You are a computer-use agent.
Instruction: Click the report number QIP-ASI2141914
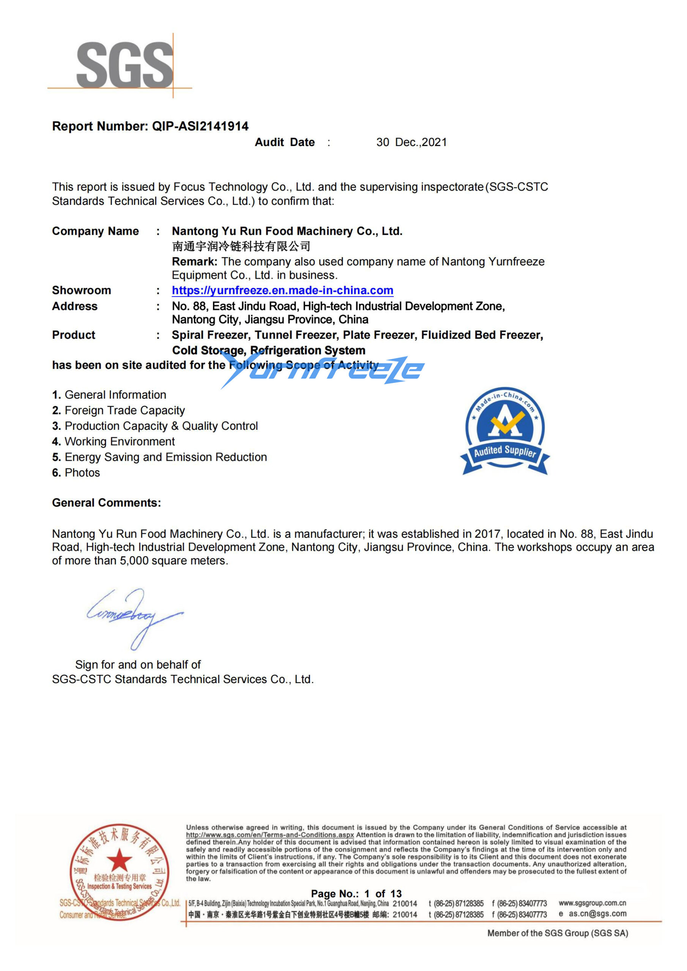200,126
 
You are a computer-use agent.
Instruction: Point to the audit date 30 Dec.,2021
411,142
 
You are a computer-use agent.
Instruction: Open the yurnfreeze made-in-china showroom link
282,290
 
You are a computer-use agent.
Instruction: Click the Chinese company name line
241,246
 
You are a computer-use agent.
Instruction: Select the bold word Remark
194,261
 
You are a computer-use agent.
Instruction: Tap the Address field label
74,306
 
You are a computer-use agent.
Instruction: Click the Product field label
74,335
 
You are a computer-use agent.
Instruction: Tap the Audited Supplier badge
504,431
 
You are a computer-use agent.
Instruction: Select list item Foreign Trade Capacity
124,410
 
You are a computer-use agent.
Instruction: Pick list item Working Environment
119,442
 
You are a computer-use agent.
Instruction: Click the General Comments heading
106,503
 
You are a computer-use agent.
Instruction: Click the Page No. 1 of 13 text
356,894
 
